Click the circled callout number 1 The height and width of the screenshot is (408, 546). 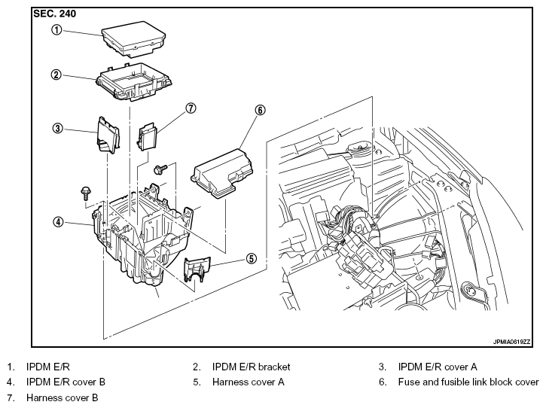coord(56,30)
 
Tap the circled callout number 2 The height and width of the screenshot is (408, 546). coord(56,75)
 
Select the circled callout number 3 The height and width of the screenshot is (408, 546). coord(57,129)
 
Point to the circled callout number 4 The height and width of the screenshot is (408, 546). coord(58,221)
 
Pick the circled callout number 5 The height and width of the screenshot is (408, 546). coord(252,259)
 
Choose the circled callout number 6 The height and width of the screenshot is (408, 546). coord(260,111)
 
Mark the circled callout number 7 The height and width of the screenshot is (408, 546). coord(191,108)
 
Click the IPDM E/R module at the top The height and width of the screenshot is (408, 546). coord(133,39)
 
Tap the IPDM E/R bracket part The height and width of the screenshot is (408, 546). coord(134,81)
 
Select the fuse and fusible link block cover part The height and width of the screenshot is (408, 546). coord(222,173)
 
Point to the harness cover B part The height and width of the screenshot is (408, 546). coord(148,136)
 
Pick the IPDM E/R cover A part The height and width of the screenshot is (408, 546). coord(108,135)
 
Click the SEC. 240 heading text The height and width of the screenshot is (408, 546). coord(54,14)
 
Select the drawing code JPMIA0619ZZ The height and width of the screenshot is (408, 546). coord(512,342)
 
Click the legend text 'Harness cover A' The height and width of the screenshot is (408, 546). coord(249,382)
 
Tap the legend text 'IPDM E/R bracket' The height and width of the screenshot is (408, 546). coord(251,367)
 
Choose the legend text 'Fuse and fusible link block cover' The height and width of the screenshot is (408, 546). coord(468,382)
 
